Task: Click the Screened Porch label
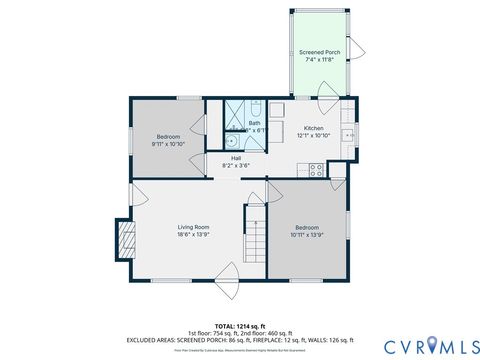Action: point(321,51)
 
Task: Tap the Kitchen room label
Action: point(314,128)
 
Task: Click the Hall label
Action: point(236,157)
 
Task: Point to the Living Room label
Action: point(193,227)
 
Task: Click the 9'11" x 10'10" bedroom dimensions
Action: point(168,143)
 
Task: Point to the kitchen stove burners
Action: point(316,171)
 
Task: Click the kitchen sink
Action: point(349,135)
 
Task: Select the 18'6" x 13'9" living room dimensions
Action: point(193,235)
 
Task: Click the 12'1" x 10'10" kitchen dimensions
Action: point(314,135)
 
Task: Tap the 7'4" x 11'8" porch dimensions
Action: point(321,59)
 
